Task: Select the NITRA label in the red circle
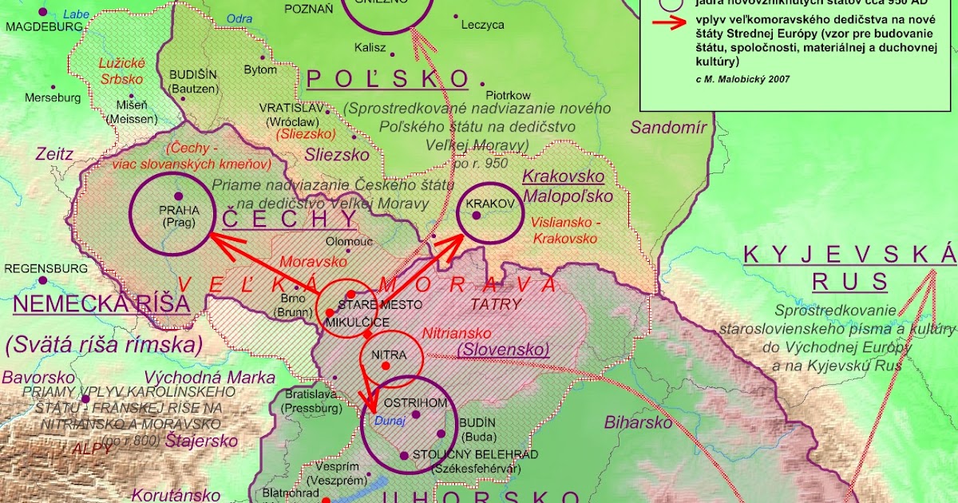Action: click(x=389, y=354)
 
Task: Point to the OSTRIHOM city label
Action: click(x=415, y=402)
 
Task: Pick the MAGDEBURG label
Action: click(x=44, y=26)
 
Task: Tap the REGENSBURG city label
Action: click(x=46, y=268)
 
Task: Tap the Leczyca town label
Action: click(x=483, y=25)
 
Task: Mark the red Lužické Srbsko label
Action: click(x=120, y=72)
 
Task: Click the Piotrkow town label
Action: click(x=508, y=96)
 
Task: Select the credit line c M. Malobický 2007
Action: click(x=733, y=79)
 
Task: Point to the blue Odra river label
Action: click(x=239, y=18)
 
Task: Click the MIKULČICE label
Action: click(x=357, y=322)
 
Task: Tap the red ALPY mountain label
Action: click(x=93, y=448)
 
